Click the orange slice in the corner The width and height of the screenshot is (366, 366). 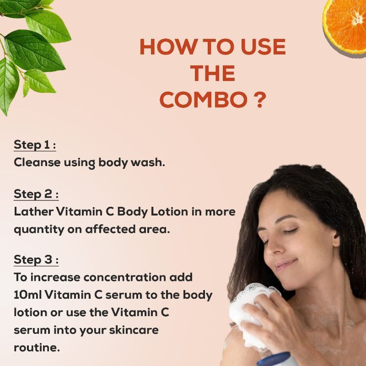(x=345, y=27)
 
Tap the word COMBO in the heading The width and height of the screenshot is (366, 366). (x=204, y=100)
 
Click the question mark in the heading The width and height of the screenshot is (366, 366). (x=259, y=100)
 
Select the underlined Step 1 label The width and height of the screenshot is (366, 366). (x=35, y=145)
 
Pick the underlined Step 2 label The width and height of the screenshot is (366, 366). (x=36, y=194)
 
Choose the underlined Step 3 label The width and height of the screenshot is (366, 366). (x=36, y=259)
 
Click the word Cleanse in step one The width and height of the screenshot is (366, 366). (x=37, y=162)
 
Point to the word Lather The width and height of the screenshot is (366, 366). (x=33, y=212)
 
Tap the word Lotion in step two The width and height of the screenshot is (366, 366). (x=169, y=212)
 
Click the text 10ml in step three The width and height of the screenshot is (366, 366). (x=28, y=295)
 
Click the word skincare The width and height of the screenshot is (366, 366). (x=134, y=330)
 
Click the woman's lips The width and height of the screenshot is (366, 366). (x=285, y=264)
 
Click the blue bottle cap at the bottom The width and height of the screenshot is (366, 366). (x=274, y=360)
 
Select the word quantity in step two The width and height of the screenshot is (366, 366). (x=39, y=230)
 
